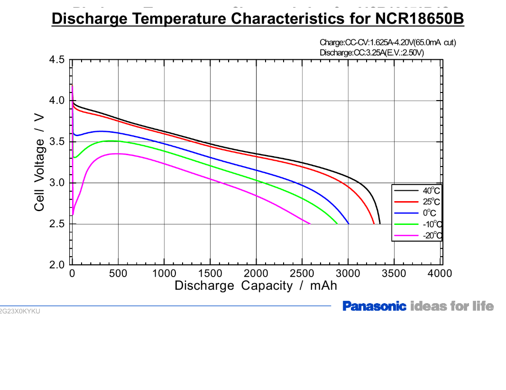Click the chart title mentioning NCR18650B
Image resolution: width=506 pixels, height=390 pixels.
tap(258, 19)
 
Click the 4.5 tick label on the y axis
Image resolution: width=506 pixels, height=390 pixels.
tap(57, 60)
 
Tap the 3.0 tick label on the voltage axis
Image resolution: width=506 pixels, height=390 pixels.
tap(57, 183)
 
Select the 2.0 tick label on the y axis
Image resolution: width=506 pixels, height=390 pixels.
tap(57, 265)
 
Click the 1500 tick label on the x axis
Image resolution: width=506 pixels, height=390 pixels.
tap(210, 274)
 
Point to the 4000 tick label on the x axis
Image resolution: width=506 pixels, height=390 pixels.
tap(440, 274)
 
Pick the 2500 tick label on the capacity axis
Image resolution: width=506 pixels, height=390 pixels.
tap(302, 274)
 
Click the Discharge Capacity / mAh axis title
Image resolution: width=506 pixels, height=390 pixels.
tap(256, 286)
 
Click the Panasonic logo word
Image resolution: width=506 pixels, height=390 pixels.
tap(374, 306)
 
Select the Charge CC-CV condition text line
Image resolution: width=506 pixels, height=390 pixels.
tap(387, 43)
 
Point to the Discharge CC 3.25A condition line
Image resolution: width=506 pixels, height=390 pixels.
tap(372, 52)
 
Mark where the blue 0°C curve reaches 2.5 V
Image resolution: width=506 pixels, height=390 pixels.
tap(349, 223)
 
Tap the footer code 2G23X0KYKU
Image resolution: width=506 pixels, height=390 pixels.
tap(20, 311)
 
